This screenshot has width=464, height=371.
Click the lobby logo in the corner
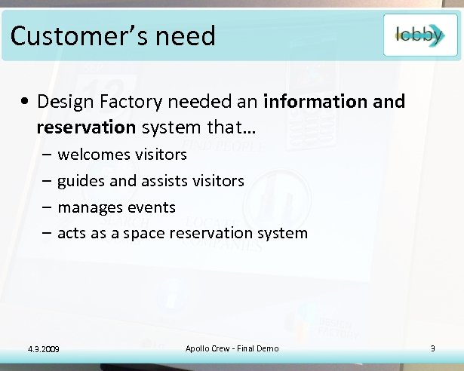pyautogui.click(x=419, y=35)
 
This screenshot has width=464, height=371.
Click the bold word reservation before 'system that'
pyautogui.click(x=84, y=127)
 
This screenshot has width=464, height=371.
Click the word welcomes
pyautogui.click(x=93, y=155)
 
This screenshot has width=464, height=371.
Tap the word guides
pyautogui.click(x=81, y=181)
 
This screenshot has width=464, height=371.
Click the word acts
pyautogui.click(x=72, y=233)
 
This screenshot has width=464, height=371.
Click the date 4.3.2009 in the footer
pyautogui.click(x=44, y=348)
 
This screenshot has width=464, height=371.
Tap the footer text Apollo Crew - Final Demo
pyautogui.click(x=232, y=348)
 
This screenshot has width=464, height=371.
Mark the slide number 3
pyautogui.click(x=432, y=348)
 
